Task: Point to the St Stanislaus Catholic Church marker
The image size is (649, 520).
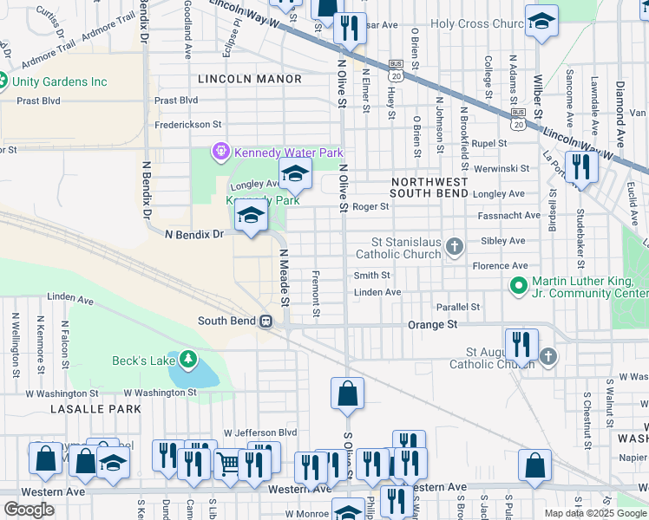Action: [x=453, y=249]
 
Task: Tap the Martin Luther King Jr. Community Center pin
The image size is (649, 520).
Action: [x=518, y=285]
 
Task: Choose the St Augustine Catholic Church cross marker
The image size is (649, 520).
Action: [x=547, y=357]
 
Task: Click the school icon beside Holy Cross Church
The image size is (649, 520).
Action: [x=541, y=23]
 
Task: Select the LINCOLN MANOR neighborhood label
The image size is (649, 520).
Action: [x=250, y=79]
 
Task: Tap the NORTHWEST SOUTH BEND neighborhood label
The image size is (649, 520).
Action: [x=429, y=188]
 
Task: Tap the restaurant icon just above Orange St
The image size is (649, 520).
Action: [x=521, y=343]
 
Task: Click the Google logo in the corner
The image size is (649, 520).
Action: [x=29, y=510]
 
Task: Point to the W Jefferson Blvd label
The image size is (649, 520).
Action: [x=260, y=432]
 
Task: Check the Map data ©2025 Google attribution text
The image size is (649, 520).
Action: [x=596, y=513]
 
